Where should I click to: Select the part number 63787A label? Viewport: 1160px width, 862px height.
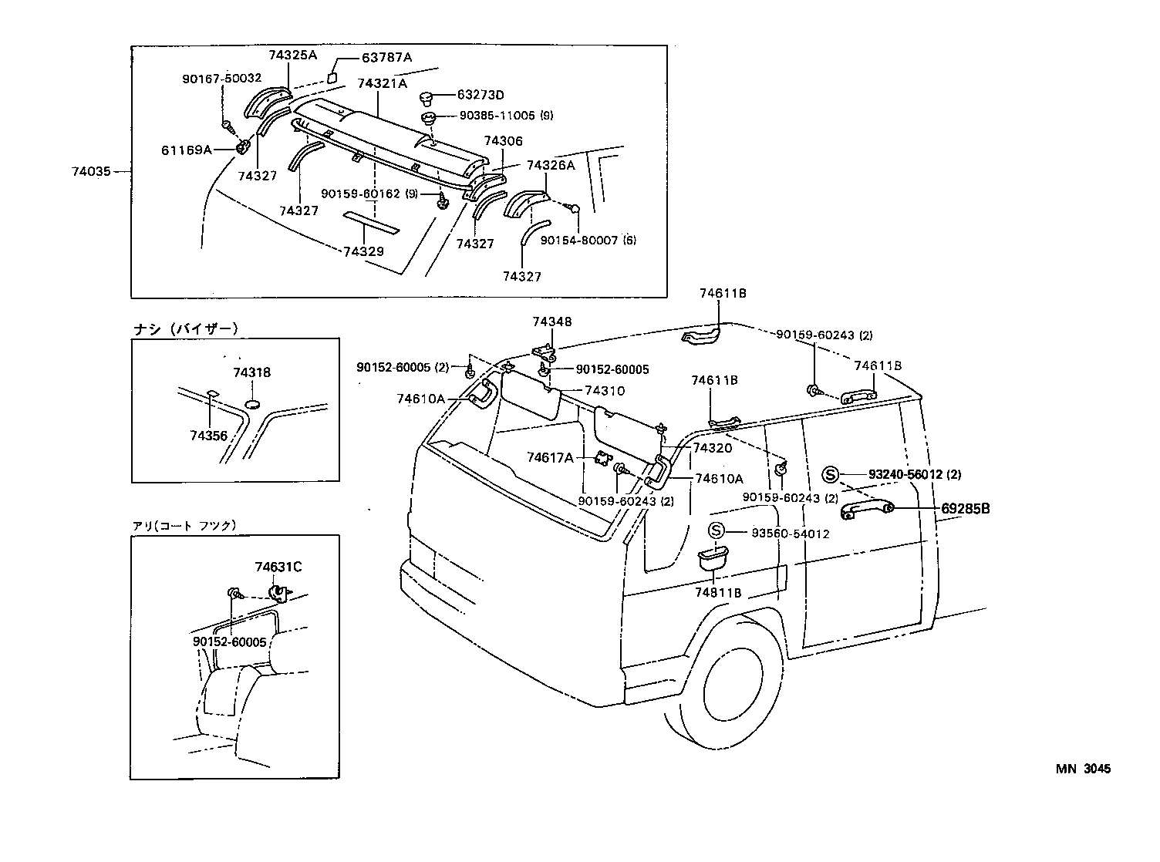(x=387, y=58)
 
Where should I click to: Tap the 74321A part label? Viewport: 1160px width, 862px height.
(x=382, y=83)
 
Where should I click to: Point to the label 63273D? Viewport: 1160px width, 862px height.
(x=480, y=95)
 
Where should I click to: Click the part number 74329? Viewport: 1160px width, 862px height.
(x=363, y=251)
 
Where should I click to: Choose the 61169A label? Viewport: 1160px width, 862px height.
(x=186, y=150)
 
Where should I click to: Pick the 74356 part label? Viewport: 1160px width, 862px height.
(x=208, y=436)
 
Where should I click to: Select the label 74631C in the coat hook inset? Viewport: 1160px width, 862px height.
(x=278, y=567)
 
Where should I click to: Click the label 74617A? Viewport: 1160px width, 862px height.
(x=550, y=457)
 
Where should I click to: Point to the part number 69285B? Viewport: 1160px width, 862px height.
(x=965, y=509)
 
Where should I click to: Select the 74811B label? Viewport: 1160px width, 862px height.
(x=717, y=592)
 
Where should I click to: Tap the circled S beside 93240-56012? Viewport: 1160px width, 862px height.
(x=830, y=474)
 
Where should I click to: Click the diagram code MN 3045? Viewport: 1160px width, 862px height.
(x=1083, y=769)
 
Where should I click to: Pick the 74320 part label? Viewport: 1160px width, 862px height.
(x=712, y=448)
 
